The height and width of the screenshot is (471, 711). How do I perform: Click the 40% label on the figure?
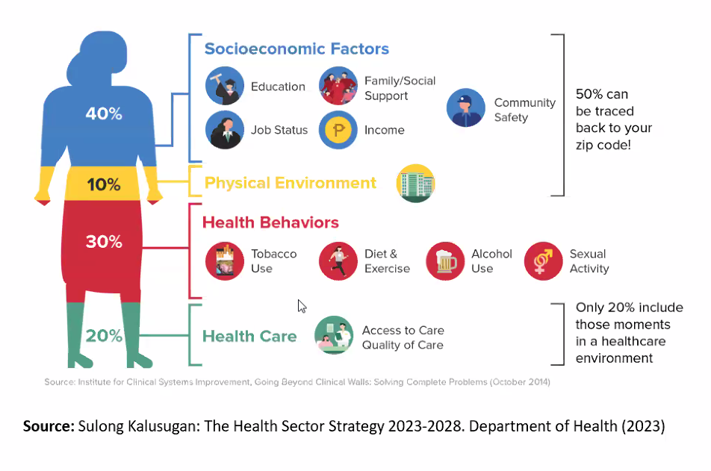tap(104, 113)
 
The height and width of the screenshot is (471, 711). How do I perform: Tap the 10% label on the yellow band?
tap(104, 184)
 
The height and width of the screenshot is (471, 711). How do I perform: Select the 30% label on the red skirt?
tap(104, 242)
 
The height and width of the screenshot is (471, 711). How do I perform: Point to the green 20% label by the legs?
tap(104, 336)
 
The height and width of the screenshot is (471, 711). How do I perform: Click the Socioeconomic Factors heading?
tap(296, 49)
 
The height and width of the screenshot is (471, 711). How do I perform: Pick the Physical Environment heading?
tap(291, 183)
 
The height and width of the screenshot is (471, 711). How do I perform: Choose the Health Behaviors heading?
tap(270, 222)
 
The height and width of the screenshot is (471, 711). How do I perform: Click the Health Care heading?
tap(249, 337)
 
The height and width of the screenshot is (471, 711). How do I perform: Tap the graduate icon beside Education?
tap(225, 86)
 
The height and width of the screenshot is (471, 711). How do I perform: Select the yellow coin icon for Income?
tap(338, 130)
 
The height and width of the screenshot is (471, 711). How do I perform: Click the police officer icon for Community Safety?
tap(466, 107)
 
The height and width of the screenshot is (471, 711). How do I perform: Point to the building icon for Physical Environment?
tap(416, 183)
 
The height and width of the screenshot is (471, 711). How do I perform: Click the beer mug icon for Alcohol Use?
tap(445, 261)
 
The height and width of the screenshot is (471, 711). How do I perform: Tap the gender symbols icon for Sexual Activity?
tap(543, 261)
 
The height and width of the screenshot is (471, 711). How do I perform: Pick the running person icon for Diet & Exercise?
tap(338, 261)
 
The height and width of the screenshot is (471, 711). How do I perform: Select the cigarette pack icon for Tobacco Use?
tap(225, 261)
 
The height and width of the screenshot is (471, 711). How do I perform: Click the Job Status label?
tap(279, 130)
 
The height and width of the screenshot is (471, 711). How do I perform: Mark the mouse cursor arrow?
tap(302, 306)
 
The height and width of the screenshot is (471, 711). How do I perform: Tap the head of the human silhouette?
tap(103, 54)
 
